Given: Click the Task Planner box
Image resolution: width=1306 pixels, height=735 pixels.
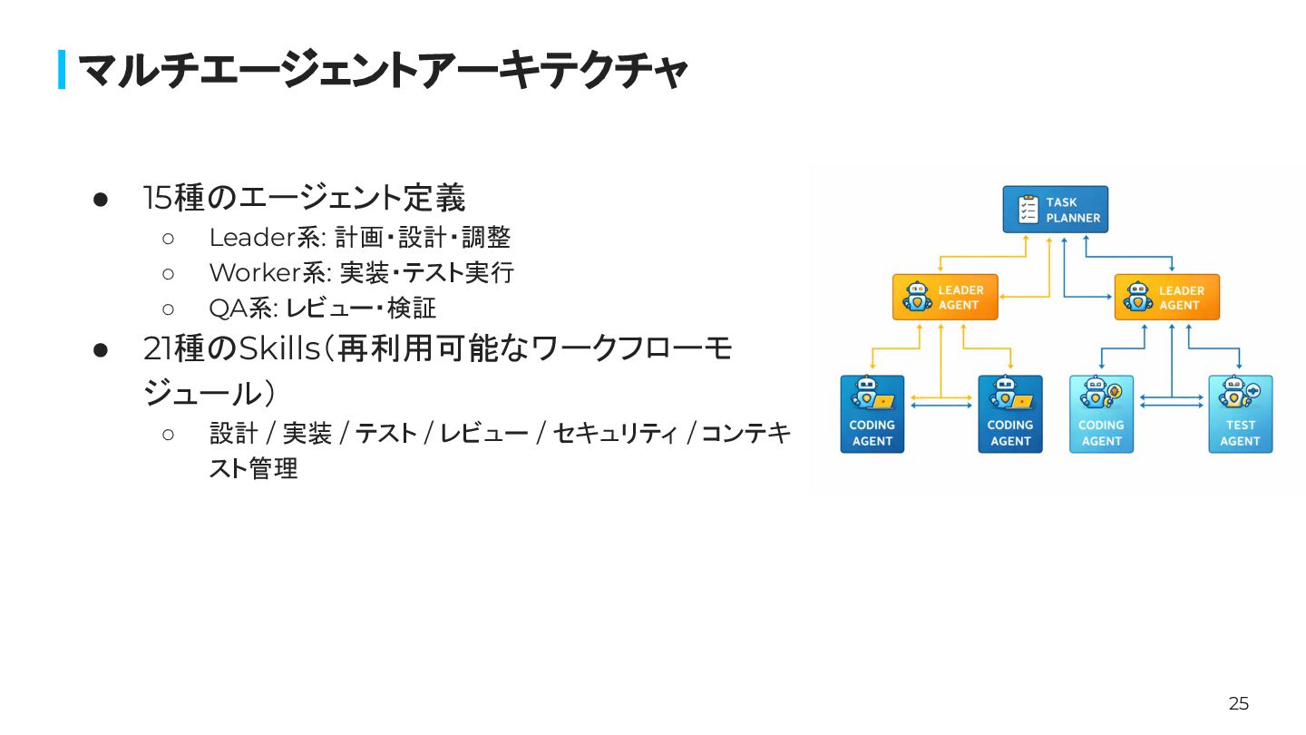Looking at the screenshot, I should pyautogui.click(x=1056, y=210).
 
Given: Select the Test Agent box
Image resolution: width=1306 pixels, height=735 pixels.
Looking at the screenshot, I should pyautogui.click(x=1240, y=415).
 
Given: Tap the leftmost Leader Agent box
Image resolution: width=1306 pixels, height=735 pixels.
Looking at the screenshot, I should pyautogui.click(x=945, y=297).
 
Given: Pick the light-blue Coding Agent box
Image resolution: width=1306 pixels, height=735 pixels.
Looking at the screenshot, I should pyautogui.click(x=1101, y=415).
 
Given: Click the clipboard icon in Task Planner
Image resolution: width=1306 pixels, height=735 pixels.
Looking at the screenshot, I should pyautogui.click(x=1028, y=210).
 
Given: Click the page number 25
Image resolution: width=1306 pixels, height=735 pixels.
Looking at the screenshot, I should pyautogui.click(x=1239, y=703).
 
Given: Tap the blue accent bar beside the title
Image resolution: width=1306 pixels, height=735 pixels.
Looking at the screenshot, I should pyautogui.click(x=62, y=70).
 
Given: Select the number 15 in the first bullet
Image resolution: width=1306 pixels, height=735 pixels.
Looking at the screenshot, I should pyautogui.click(x=157, y=198).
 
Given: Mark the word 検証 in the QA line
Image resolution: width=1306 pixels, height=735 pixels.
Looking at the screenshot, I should pyautogui.click(x=412, y=309).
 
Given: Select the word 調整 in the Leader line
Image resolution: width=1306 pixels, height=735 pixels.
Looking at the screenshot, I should pyautogui.click(x=486, y=238).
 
